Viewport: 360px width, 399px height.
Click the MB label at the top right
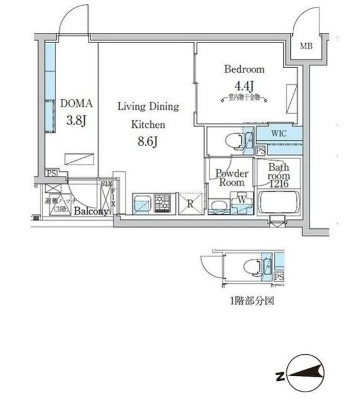point(306,46)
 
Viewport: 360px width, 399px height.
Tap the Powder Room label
point(231,178)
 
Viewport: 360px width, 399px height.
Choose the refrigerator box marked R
point(189,203)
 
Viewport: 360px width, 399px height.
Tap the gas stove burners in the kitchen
point(162,203)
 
